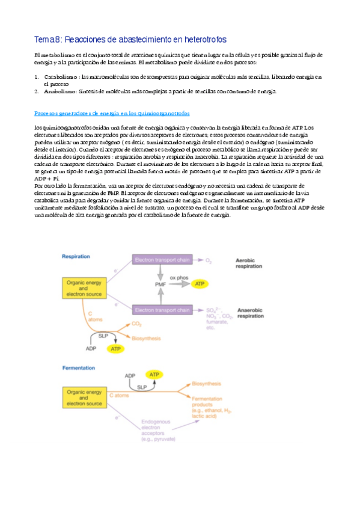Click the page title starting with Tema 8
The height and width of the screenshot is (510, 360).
[x=130, y=40]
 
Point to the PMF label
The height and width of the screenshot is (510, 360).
[x=160, y=283]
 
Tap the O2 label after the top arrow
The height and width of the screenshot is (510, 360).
[x=209, y=260]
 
